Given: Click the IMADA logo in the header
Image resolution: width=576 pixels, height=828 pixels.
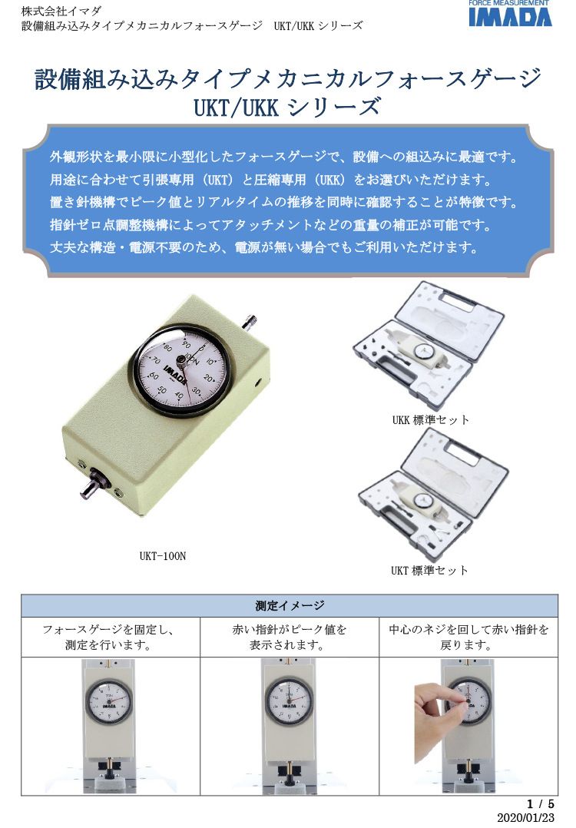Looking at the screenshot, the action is pyautogui.click(x=510, y=14).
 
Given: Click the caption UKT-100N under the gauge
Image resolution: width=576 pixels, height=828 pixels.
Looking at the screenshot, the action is pyautogui.click(x=163, y=556).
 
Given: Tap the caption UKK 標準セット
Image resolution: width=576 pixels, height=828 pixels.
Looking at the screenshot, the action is pyautogui.click(x=430, y=420).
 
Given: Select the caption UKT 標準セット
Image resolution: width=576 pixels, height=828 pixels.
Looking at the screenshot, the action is pyautogui.click(x=429, y=570).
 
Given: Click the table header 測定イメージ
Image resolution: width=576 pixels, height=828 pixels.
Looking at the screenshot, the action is pyautogui.click(x=290, y=606).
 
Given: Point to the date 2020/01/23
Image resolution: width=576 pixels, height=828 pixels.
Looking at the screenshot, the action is pyautogui.click(x=526, y=817).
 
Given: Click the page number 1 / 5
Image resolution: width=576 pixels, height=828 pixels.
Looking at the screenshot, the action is pyautogui.click(x=541, y=803).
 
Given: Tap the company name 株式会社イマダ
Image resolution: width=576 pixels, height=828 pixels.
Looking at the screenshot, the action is pyautogui.click(x=61, y=11).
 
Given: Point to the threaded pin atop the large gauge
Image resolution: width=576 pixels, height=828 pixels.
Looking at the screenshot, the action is pyautogui.click(x=250, y=320).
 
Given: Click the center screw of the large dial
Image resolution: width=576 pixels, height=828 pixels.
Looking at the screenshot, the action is pyautogui.click(x=181, y=360).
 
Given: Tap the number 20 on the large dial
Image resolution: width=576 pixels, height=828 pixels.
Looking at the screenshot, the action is pyautogui.click(x=209, y=378).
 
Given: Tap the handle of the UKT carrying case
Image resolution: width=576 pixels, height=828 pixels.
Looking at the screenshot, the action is pyautogui.click(x=457, y=449).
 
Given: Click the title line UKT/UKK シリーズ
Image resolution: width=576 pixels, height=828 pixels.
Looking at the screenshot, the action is pyautogui.click(x=287, y=108).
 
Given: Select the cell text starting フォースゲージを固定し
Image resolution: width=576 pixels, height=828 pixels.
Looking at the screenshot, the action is pyautogui.click(x=108, y=638).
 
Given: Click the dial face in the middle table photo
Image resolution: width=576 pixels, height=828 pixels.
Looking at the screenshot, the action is pyautogui.click(x=289, y=701).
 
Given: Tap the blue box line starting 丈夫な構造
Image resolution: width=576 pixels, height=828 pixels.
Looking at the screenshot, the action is pyautogui.click(x=264, y=247).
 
